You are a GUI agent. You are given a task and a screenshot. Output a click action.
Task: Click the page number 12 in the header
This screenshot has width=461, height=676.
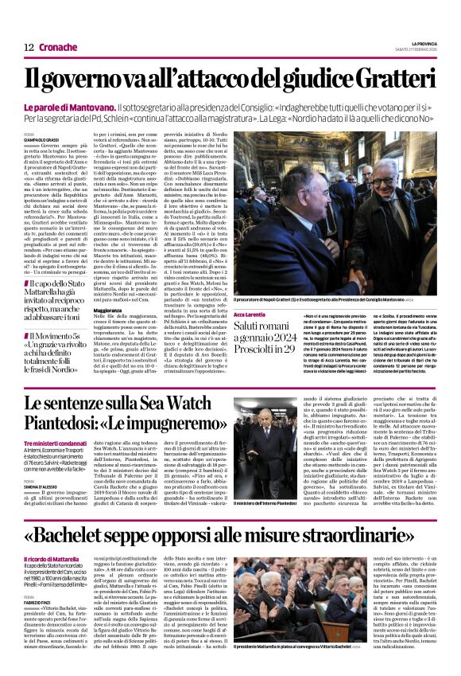pos(29,47)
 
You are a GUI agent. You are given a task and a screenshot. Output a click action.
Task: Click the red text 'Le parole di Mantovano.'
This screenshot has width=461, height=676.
pos(80,107)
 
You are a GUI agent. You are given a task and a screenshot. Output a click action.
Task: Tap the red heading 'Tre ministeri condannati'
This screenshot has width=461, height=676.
pos(54,444)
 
